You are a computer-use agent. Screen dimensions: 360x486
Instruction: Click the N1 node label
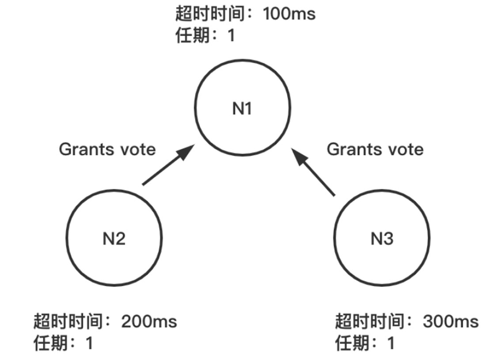click(x=242, y=108)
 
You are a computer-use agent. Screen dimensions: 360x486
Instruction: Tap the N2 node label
click(x=114, y=239)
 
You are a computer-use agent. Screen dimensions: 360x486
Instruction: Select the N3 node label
click(x=382, y=239)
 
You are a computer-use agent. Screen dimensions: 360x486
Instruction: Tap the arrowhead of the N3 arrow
click(x=300, y=157)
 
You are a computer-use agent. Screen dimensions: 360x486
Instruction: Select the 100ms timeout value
click(x=289, y=14)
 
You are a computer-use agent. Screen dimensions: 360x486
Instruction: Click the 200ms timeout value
click(x=149, y=321)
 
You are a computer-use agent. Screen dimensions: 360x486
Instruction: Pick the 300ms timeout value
click(x=450, y=321)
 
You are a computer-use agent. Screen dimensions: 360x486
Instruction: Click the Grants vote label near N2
click(x=107, y=149)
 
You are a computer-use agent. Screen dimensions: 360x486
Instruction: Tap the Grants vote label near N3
click(x=375, y=149)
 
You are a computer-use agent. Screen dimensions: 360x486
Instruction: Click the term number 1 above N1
click(x=231, y=35)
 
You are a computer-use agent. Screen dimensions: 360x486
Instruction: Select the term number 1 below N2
click(x=90, y=343)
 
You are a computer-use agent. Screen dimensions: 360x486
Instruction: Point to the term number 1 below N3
click(x=391, y=343)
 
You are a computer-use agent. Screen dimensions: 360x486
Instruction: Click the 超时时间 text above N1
click(x=210, y=14)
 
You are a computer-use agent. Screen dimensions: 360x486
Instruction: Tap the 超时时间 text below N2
click(x=68, y=321)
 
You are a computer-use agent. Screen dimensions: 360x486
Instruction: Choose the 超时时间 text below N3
click(x=369, y=321)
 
